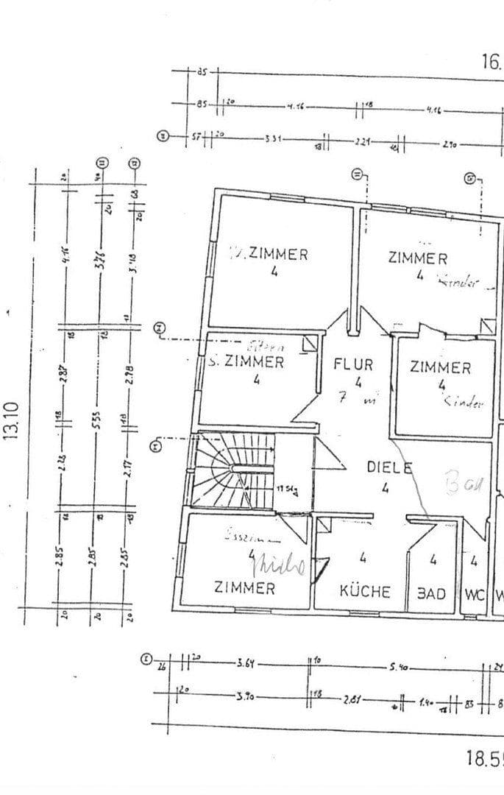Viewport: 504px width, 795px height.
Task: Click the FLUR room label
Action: click(x=353, y=364)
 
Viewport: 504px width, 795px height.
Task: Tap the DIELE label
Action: click(x=389, y=467)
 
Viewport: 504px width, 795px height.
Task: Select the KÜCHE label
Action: click(x=365, y=591)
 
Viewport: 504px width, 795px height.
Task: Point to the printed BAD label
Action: click(x=431, y=593)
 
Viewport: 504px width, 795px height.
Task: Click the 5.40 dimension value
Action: click(x=400, y=667)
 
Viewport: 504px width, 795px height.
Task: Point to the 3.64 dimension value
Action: click(x=246, y=662)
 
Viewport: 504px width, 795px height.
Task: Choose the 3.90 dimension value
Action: click(x=246, y=696)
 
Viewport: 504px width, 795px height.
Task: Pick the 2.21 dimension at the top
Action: click(x=363, y=141)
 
